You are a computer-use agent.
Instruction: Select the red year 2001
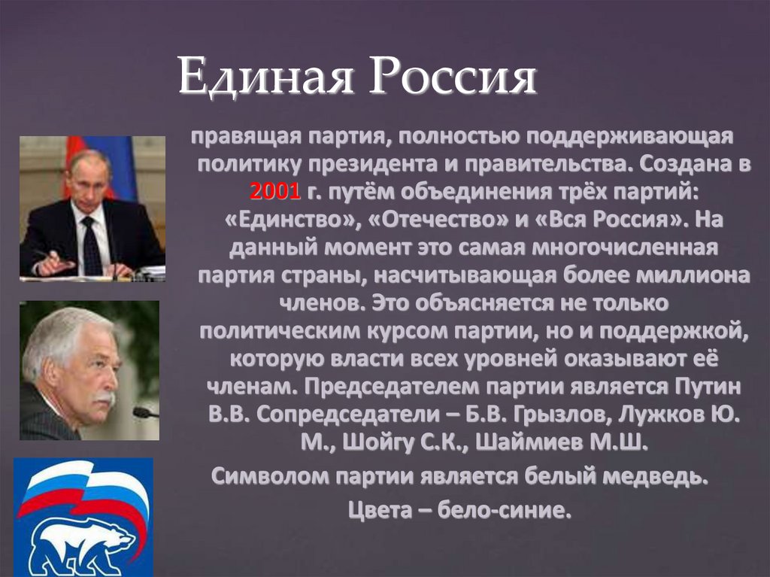(275, 192)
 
